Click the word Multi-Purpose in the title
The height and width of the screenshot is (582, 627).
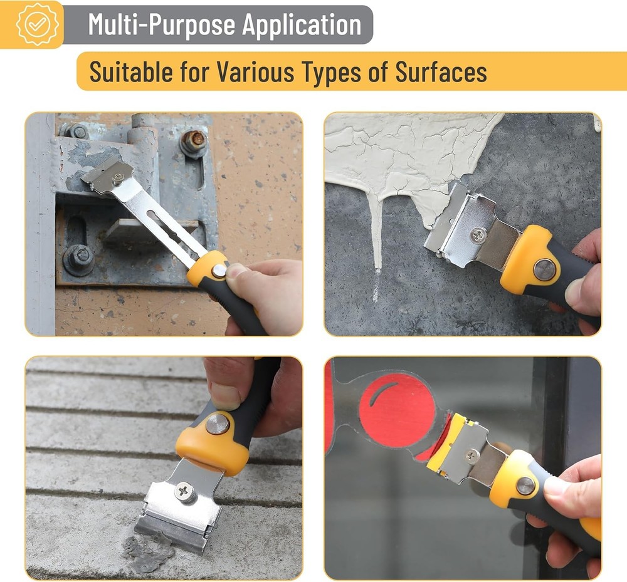[161, 24]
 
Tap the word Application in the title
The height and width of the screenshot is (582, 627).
[302, 24]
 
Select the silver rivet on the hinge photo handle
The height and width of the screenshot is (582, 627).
[219, 271]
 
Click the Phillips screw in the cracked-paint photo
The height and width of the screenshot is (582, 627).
[478, 235]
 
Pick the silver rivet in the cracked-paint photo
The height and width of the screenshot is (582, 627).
[544, 269]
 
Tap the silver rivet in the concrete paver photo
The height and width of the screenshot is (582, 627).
[218, 424]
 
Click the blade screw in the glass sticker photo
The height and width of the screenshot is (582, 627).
[472, 455]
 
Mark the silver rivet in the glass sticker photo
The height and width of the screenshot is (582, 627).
[525, 485]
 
